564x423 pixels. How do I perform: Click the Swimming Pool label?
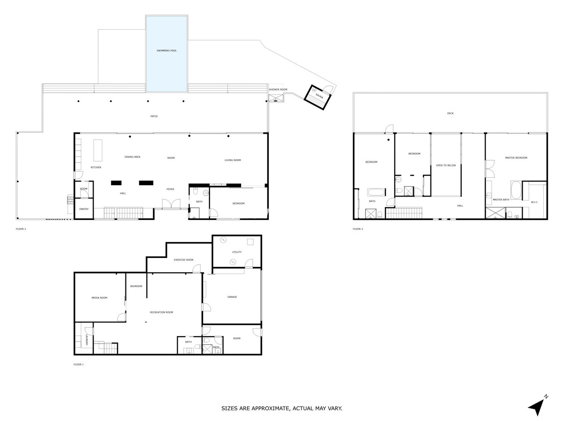point(167,50)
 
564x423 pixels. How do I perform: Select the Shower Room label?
point(278,89)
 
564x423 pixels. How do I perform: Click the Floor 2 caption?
point(21,229)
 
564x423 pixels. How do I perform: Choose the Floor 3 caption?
point(358,229)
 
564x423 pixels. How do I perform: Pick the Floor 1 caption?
point(79,364)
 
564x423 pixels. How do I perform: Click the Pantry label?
point(84,209)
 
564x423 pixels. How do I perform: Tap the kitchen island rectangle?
point(98,150)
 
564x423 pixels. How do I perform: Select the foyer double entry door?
point(170,204)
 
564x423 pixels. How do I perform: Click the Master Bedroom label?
point(516,158)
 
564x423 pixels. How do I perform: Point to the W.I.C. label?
point(534,203)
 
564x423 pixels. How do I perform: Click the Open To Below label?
point(446,165)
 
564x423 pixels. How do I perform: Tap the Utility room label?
point(236,252)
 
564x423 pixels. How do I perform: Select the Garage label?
point(232,297)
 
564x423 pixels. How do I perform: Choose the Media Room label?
point(99,298)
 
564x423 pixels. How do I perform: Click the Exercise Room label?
point(183,260)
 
